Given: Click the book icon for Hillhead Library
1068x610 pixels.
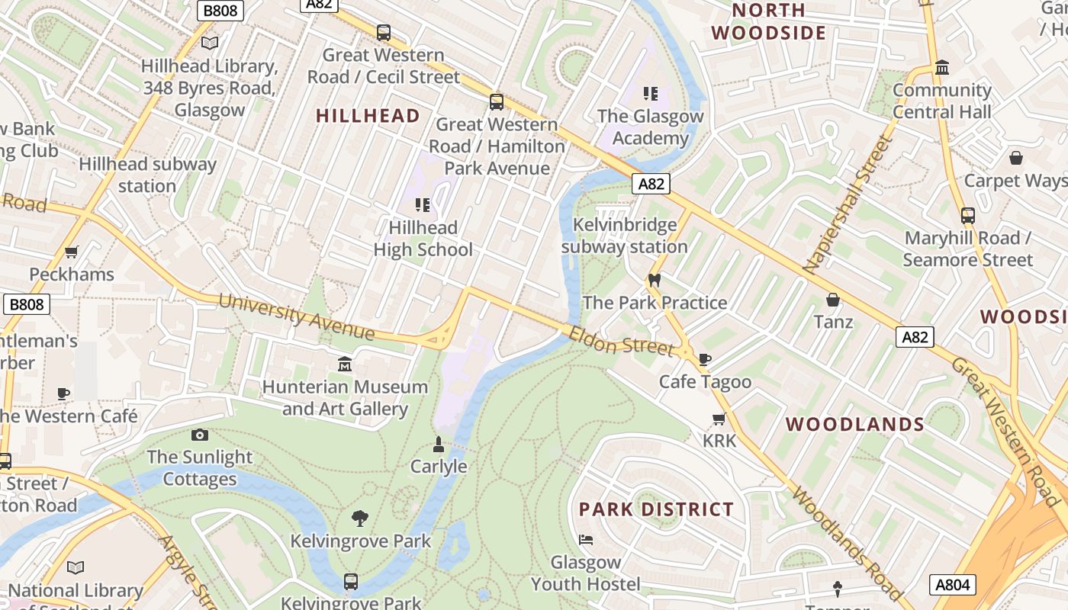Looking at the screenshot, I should click(x=210, y=43).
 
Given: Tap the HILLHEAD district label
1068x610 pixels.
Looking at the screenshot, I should click(x=368, y=116).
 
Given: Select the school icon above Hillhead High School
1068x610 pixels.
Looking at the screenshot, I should click(x=422, y=204).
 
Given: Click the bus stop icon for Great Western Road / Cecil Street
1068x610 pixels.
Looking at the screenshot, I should click(x=384, y=33).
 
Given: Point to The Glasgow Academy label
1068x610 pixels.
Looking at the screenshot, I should click(x=650, y=127).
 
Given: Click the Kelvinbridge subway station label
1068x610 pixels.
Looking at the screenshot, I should click(x=625, y=236).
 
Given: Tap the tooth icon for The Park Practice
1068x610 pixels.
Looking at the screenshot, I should click(x=654, y=281).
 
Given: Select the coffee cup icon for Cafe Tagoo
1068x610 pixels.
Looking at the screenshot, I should click(x=705, y=359).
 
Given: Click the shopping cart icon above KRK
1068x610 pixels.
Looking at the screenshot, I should click(x=719, y=419).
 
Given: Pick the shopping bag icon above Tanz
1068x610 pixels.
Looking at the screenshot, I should click(x=833, y=300).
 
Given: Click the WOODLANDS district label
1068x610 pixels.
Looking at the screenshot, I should click(x=855, y=425).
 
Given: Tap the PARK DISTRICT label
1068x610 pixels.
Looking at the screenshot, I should click(x=656, y=509).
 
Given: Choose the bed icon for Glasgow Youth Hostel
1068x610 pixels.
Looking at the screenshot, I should click(x=586, y=540).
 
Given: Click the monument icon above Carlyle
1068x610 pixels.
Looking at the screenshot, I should click(x=439, y=444).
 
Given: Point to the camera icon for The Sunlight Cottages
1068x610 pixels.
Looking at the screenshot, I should click(x=200, y=435).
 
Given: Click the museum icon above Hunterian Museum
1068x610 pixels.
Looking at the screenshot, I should click(x=345, y=364).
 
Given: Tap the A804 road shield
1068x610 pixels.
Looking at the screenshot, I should click(x=953, y=585).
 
